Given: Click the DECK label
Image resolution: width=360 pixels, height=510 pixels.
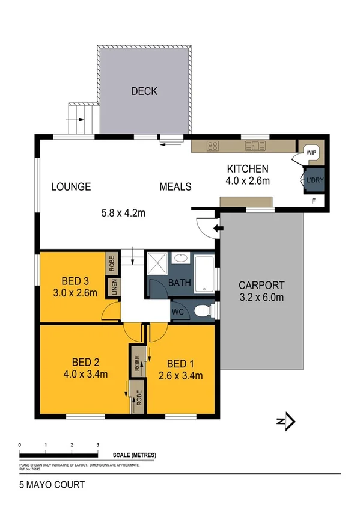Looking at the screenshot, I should [144, 91].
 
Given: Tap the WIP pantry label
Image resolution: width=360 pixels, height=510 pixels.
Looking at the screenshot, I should [311, 152].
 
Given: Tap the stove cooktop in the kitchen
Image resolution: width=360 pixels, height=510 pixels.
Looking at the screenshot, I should [213, 145].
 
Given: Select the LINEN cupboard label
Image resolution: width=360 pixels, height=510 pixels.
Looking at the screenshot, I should [112, 286].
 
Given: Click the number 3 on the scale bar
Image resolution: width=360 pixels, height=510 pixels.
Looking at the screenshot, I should [97, 444].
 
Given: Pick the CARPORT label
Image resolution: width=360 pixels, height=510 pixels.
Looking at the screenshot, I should [261, 285].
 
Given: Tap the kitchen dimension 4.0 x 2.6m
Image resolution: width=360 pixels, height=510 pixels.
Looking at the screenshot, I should [247, 180].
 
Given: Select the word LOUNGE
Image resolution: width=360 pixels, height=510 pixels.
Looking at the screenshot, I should [71, 186].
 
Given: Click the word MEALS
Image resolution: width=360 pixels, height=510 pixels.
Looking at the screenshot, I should [175, 186].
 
